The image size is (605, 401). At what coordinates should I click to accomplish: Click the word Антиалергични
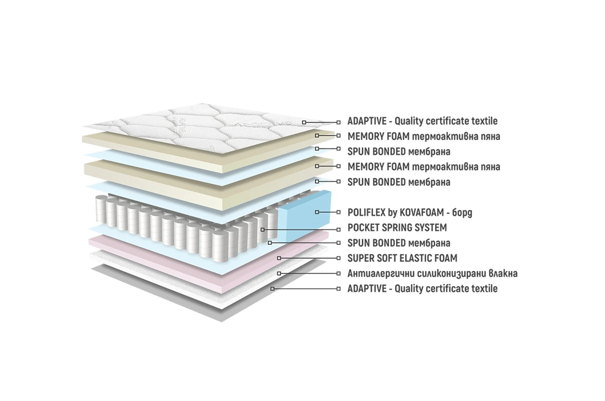click(381, 274)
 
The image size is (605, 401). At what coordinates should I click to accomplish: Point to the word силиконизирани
click(451, 274)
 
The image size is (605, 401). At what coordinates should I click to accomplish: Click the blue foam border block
click(304, 216)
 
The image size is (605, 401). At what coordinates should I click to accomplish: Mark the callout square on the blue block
click(317, 212)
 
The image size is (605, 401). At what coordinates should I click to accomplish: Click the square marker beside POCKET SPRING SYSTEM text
click(338, 230)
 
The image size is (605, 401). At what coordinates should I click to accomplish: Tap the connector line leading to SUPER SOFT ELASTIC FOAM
click(309, 258)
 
